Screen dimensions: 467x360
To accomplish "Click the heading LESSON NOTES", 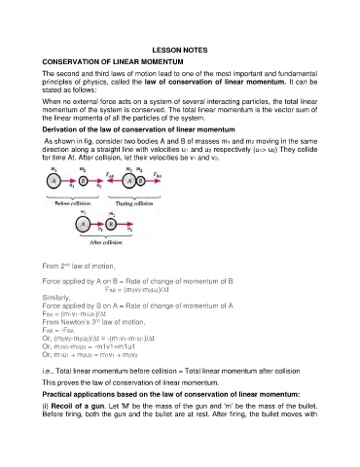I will click(x=180, y=49).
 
